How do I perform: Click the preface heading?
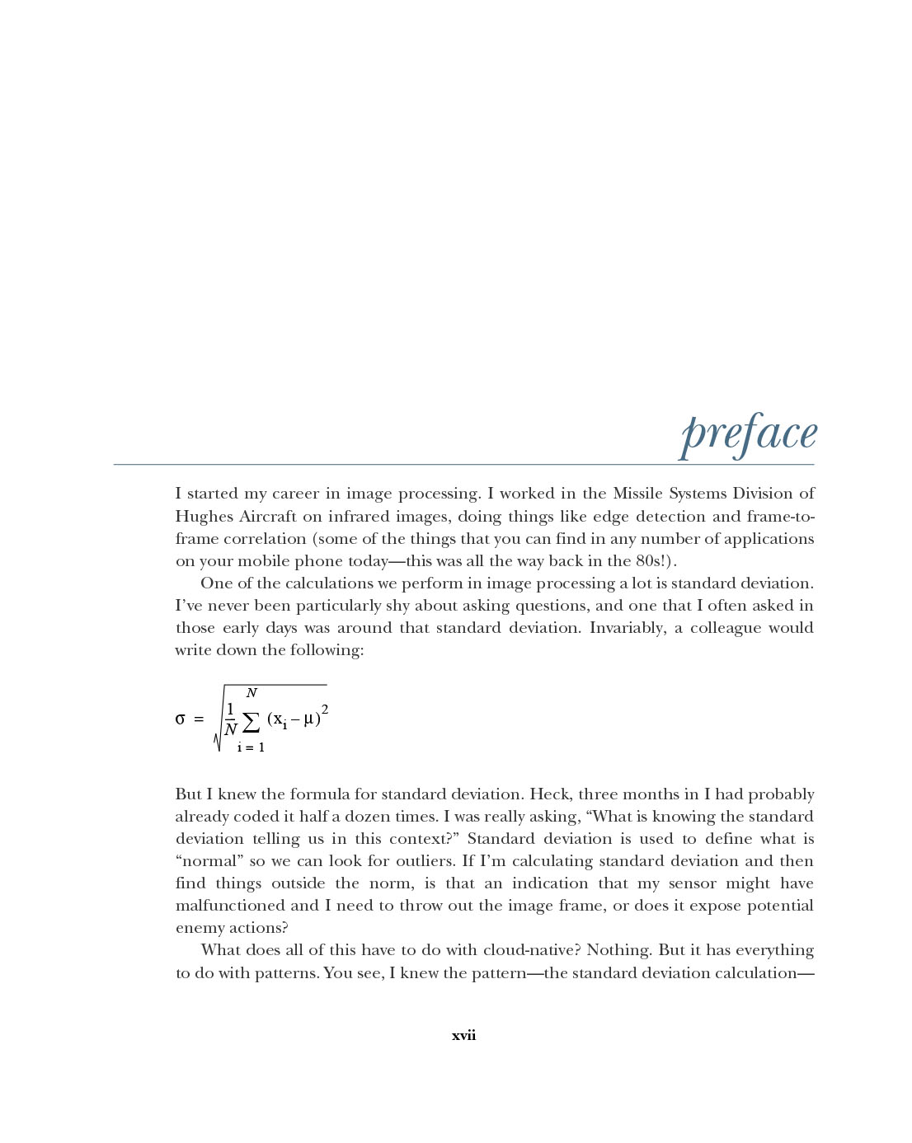(748, 434)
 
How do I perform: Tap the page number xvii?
(463, 1036)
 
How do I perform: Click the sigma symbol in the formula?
(180, 719)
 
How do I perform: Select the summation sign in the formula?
(252, 723)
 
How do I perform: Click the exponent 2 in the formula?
(325, 709)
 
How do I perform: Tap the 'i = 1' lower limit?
(251, 748)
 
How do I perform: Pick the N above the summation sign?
(252, 693)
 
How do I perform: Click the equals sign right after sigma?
(198, 719)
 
